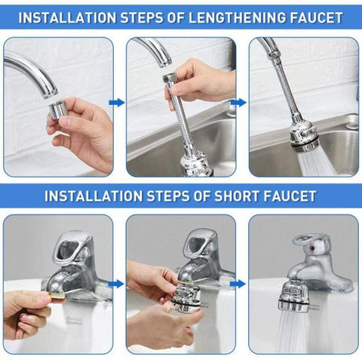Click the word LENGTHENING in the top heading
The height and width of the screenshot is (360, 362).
(227, 16)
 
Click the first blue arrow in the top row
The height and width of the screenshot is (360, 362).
(116, 102)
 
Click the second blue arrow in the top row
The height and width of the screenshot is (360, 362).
(239, 102)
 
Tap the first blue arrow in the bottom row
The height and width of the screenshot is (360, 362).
(116, 284)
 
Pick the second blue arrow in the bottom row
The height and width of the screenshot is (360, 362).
(239, 284)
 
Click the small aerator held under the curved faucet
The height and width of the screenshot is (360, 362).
(58, 111)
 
